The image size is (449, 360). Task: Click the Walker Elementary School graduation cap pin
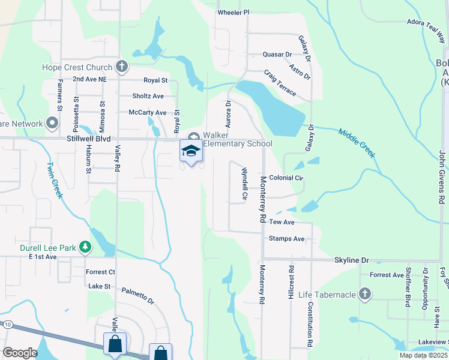[191, 151]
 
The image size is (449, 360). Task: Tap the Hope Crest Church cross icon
[122, 67]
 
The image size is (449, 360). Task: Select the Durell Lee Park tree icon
[86, 246]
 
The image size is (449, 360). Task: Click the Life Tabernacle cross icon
[364, 293]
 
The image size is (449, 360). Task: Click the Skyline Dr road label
[351, 260]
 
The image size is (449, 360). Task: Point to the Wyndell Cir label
[244, 184]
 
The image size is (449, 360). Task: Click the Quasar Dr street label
[277, 54]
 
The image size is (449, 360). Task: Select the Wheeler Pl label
[233, 12]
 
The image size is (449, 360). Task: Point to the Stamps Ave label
[287, 239]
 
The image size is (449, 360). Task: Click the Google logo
[20, 353]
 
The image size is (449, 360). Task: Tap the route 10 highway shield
[7, 325]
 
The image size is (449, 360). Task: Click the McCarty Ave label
[147, 112]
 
